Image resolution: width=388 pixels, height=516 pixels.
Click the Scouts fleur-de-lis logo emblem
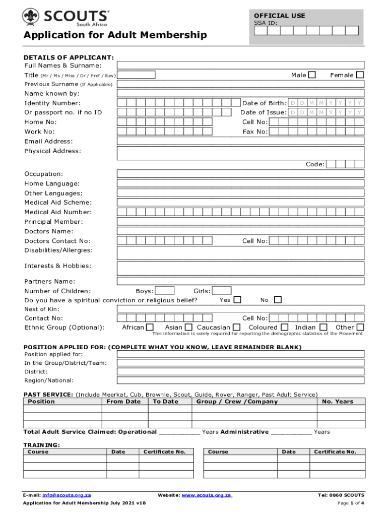31,17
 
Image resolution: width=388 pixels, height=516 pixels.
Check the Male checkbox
312,75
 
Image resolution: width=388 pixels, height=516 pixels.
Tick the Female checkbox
360,75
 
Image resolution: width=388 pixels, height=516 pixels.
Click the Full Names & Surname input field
240,66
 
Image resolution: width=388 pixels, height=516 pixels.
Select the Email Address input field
240,141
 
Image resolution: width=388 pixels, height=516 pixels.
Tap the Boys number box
165,291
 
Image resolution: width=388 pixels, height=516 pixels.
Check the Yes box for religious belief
237,300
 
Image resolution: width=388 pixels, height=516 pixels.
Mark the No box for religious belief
277,300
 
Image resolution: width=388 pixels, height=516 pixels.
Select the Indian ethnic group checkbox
324,328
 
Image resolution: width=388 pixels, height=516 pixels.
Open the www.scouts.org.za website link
207,495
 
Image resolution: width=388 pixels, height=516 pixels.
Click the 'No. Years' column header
338,402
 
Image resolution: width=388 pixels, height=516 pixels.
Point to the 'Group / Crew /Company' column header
237,402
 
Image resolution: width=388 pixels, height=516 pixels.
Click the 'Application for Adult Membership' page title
115,35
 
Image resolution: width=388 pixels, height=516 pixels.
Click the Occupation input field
240,174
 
